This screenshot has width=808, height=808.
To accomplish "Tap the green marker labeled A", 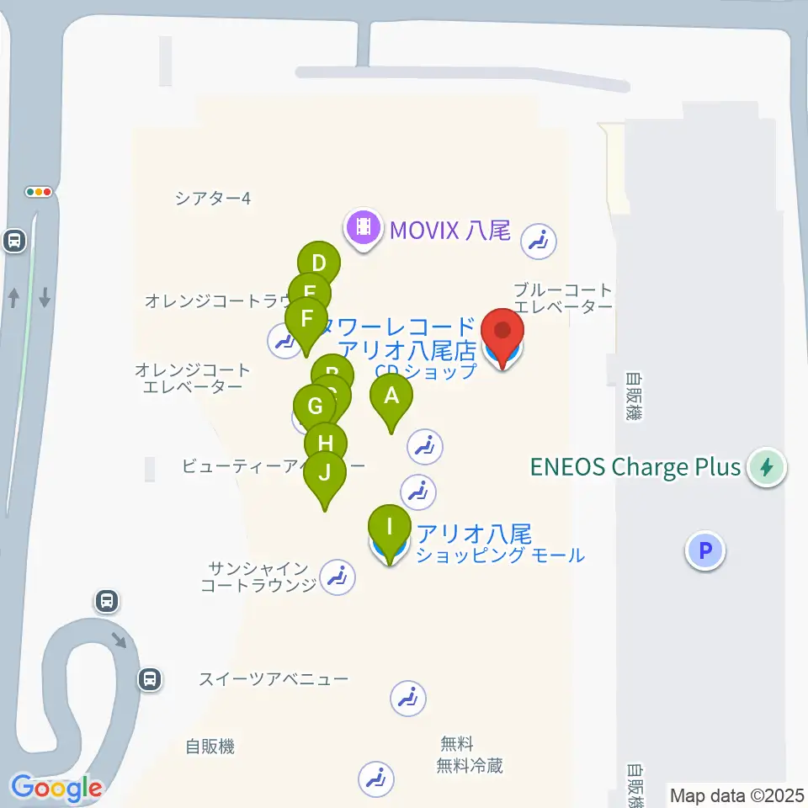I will tap(391, 396).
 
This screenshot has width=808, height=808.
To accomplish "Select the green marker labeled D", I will tap(318, 263).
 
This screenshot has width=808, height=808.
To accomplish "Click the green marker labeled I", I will tap(389, 529).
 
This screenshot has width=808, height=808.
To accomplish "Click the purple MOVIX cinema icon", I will tap(363, 227).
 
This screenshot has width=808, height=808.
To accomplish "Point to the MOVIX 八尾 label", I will tap(449, 229).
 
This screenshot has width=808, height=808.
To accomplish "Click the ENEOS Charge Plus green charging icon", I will tap(767, 467).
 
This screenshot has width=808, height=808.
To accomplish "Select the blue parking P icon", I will tap(705, 551).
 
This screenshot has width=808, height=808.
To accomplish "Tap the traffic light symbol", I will tap(40, 192).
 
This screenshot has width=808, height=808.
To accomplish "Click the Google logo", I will tap(56, 789).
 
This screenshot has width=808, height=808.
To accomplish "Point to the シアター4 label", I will tap(213, 199).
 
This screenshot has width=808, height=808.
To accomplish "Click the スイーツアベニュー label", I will tap(274, 678).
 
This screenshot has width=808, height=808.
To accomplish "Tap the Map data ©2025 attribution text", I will tap(737, 795).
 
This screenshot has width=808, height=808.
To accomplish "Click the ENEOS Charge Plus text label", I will tap(635, 467).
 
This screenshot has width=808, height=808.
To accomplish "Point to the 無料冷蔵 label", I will tap(470, 765).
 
